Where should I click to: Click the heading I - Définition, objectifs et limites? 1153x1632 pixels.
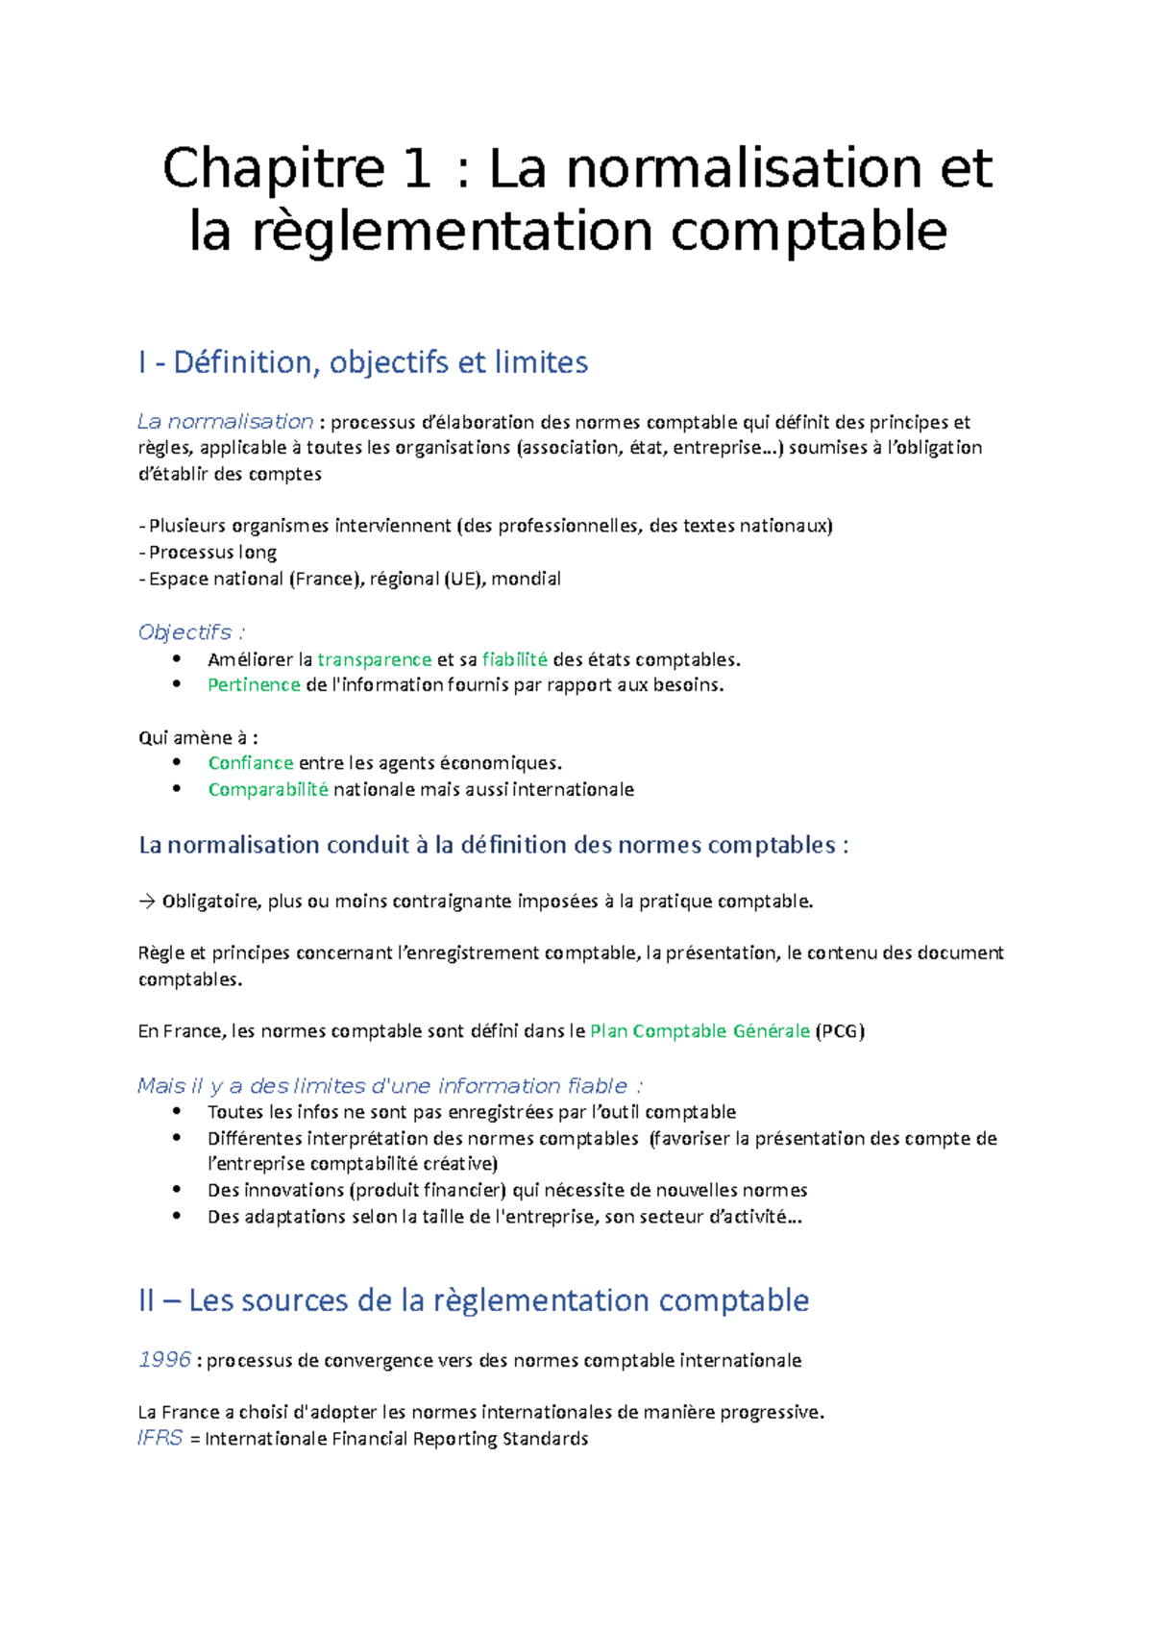pyautogui.click(x=363, y=362)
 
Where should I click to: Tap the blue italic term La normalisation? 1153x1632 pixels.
pyautogui.click(x=225, y=422)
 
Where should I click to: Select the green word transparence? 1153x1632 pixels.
pyautogui.click(x=374, y=659)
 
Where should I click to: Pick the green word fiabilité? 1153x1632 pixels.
pyautogui.click(x=514, y=659)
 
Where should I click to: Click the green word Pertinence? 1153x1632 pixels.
pyautogui.click(x=254, y=685)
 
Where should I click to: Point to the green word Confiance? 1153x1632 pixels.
pyautogui.click(x=250, y=763)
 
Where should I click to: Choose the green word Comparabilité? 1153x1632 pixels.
pyautogui.click(x=268, y=790)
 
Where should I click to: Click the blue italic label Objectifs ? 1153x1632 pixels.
pyautogui.click(x=191, y=632)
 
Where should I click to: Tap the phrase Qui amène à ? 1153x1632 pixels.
pyautogui.click(x=197, y=738)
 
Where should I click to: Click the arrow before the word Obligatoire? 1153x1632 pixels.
pyautogui.click(x=146, y=902)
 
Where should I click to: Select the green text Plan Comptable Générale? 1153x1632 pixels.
pyautogui.click(x=699, y=1031)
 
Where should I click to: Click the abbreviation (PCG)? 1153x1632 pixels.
pyautogui.click(x=840, y=1031)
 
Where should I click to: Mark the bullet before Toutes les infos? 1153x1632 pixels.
pyautogui.click(x=177, y=1111)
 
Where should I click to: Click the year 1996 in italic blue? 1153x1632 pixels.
pyautogui.click(x=164, y=1360)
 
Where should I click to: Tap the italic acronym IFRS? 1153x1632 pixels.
pyautogui.click(x=159, y=1439)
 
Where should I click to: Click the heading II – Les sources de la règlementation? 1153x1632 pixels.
pyautogui.click(x=474, y=1300)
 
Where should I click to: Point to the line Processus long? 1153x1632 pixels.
pyautogui.click(x=212, y=553)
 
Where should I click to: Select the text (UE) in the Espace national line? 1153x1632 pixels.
pyautogui.click(x=464, y=580)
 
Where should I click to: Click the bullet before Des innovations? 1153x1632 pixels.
pyautogui.click(x=177, y=1190)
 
